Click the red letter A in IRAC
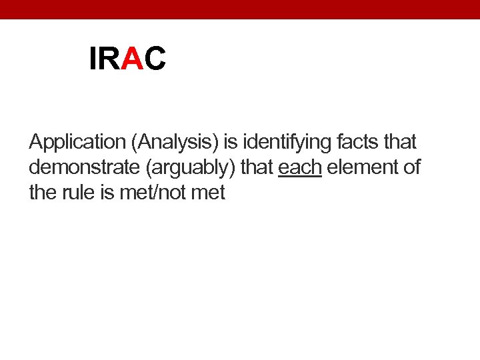pos(133,59)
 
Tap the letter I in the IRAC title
pos(93,59)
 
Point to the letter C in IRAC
pos(155,59)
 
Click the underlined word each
pos(300,167)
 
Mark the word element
pos(361,167)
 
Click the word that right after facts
pos(398,142)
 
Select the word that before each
pos(257,167)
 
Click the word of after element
pos(411,167)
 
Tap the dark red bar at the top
pos(240,9)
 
